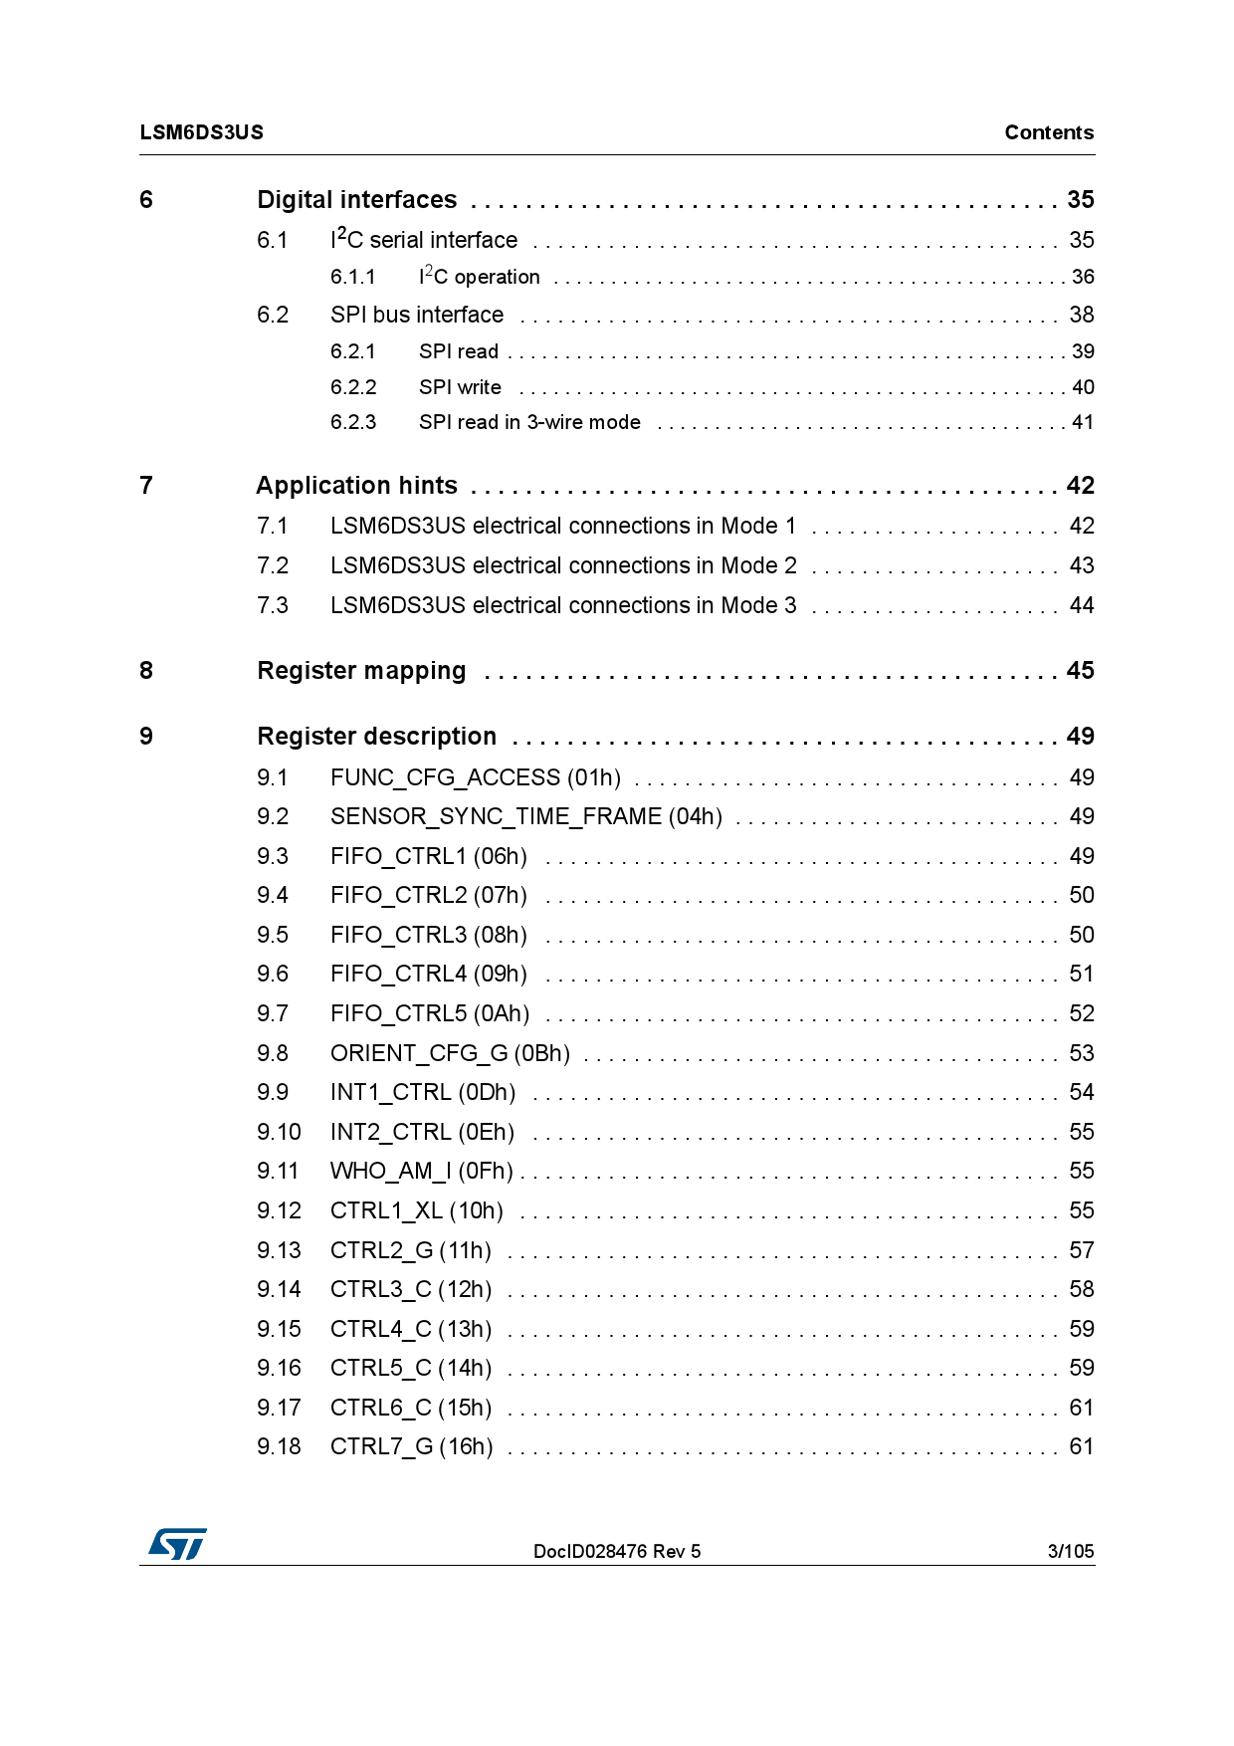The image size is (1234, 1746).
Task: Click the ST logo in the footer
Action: pos(177,1544)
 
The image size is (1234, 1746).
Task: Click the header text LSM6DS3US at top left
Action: pos(202,132)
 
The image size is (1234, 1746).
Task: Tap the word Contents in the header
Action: pos(1048,132)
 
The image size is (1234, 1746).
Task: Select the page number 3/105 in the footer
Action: pos(1070,1551)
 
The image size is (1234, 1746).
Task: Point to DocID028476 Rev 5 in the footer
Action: pos(616,1551)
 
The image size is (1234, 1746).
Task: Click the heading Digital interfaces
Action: pos(356,200)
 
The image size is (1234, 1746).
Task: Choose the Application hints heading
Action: pos(356,486)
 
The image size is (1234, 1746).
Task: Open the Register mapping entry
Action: pos(361,671)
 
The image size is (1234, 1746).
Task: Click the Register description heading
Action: pos(376,737)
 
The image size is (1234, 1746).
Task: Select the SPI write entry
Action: pos(460,387)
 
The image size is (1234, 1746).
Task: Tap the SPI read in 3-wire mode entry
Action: pos(529,422)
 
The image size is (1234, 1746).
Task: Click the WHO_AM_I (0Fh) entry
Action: pos(422,1172)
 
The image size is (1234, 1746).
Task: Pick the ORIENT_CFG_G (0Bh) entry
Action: pos(450,1053)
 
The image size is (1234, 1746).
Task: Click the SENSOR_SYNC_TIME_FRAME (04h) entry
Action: pos(526,817)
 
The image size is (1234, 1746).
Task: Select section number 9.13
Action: pos(279,1250)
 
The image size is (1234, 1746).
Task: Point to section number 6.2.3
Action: pos(353,422)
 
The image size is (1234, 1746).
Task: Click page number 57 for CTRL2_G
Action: pos(1081,1250)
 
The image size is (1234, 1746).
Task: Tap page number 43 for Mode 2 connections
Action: pos(1081,565)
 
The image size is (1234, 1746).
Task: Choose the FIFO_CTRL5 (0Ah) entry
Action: pos(429,1013)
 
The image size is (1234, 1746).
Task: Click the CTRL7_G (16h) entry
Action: pos(411,1447)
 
